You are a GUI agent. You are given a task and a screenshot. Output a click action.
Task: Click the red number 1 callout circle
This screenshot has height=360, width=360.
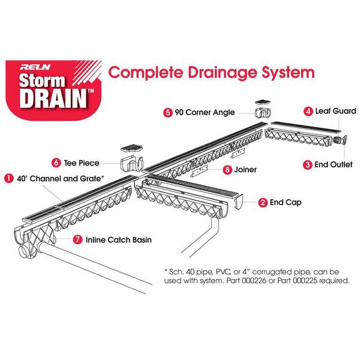9,178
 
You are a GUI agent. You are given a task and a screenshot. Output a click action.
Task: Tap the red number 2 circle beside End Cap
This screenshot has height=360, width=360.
263,203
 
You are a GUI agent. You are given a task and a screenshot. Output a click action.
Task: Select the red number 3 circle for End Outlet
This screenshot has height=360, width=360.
307,164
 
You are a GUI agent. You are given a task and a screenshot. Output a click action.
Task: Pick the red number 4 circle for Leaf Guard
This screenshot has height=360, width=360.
308,112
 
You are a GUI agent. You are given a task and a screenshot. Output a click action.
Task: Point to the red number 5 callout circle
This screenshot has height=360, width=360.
168,113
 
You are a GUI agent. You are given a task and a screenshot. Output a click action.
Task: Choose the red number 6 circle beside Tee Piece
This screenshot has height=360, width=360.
56,163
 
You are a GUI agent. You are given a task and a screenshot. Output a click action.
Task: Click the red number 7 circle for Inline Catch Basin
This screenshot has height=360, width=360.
77,239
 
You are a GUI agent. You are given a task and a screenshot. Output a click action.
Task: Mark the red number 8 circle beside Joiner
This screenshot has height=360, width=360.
227,170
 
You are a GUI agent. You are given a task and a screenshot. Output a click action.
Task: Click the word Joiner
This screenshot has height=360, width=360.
245,170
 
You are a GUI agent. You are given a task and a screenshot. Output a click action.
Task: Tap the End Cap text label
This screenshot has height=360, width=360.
286,202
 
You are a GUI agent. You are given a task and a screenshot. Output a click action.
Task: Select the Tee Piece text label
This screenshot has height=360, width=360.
82,163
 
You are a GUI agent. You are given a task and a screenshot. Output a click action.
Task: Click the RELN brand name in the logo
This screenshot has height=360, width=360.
35,67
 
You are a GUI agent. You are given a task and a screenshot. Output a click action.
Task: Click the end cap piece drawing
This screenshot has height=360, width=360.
238,202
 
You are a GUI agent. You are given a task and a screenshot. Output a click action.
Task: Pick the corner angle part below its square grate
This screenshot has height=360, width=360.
263,113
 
